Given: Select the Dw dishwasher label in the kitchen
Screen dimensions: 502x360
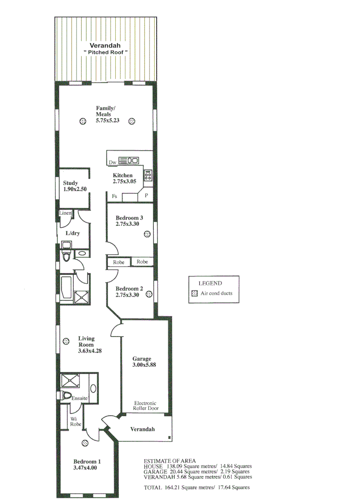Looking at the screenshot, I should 112,162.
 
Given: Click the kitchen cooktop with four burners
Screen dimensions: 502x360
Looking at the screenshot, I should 148,175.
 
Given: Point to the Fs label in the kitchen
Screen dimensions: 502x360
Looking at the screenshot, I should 114,196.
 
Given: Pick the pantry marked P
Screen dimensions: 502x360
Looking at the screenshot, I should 146,196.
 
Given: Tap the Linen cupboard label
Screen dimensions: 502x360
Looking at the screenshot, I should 65,213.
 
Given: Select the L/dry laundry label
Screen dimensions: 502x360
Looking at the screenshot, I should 72,233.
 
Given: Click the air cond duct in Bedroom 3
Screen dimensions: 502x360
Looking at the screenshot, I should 147,234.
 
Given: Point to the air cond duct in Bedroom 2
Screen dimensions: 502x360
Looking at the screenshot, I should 149,294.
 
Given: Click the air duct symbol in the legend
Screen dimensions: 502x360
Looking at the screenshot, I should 195,293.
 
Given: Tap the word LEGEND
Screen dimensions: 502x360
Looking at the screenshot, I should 210,283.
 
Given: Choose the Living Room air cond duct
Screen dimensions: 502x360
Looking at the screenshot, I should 66,341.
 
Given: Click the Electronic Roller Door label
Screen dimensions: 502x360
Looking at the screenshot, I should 145,406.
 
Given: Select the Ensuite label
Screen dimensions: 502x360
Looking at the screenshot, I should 79,398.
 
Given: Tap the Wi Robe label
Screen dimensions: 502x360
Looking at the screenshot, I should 76,421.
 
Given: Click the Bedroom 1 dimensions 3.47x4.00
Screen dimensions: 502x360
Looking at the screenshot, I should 85,468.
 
